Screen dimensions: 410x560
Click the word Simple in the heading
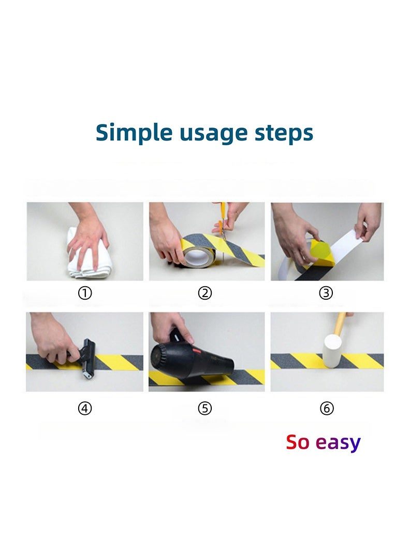point(134,133)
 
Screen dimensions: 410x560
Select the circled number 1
point(85,293)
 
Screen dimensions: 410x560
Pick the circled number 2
point(204,293)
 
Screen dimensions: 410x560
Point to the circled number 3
point(326,293)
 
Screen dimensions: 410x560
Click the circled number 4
point(85,408)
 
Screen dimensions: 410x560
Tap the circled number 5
point(204,408)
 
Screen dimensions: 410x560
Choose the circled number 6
point(327,408)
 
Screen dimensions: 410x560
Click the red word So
point(298,442)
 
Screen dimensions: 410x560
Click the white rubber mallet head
point(331,351)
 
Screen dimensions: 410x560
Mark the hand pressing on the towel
point(87,236)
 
